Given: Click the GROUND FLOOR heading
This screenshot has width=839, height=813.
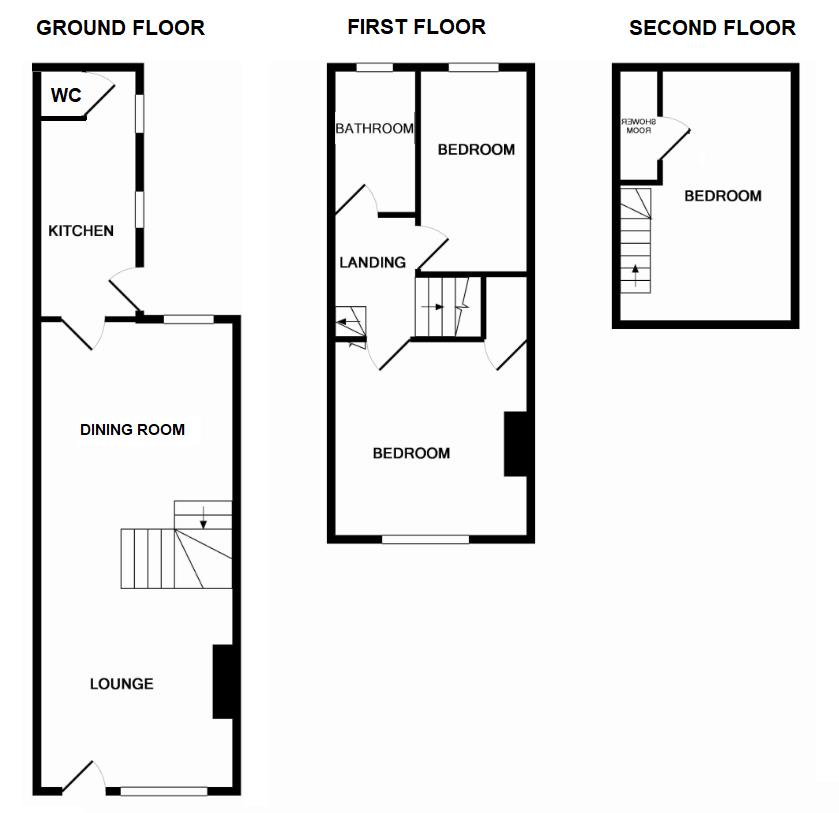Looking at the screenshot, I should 120,28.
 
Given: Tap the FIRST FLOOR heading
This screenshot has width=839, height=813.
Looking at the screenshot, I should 416,27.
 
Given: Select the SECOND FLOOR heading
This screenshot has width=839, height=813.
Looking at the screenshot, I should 712,28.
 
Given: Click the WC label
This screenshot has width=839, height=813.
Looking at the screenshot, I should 66,97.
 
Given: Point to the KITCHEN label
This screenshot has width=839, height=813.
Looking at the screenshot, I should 81,231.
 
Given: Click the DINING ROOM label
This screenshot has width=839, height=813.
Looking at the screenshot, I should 132,430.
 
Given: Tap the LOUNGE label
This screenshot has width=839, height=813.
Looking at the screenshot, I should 122,684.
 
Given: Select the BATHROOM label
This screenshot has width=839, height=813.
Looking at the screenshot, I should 374,129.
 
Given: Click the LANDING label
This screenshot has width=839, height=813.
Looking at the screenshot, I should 372,263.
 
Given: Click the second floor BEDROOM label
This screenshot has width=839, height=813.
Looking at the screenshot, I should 722,196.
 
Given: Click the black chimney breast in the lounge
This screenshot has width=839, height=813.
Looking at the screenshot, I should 223,682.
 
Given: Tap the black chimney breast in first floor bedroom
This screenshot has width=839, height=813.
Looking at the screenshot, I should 514,444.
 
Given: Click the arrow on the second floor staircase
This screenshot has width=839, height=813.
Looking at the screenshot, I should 635,273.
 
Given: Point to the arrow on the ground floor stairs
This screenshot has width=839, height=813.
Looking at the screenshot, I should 203,517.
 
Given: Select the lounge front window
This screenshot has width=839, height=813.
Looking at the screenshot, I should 163,791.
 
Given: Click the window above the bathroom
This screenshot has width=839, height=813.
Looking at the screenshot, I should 375,68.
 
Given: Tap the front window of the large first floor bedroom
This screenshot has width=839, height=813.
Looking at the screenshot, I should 425,539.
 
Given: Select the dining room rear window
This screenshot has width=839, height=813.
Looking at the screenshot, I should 189,319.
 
